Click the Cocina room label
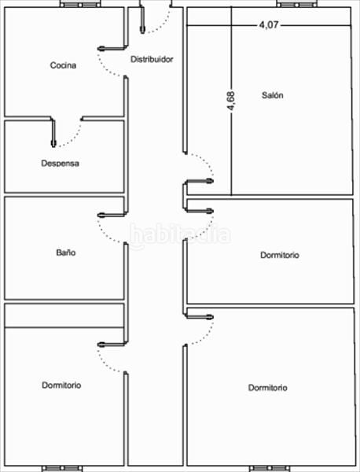point(63,65)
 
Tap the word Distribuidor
point(152,59)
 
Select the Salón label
point(272,95)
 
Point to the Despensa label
point(61,163)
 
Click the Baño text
point(66,253)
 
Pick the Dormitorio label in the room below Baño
point(61,385)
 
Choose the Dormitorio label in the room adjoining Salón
point(280,255)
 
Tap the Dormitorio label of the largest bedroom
point(268,387)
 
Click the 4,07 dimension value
point(269,24)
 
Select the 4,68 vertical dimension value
point(231,101)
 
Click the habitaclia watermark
point(180,234)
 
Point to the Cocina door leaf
point(112,48)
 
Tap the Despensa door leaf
point(53,132)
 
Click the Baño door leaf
point(112,215)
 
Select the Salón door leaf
point(199,181)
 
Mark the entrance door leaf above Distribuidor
point(142,20)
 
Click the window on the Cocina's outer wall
point(81,4)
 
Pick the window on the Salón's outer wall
point(297,4)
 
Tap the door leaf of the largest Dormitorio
point(199,317)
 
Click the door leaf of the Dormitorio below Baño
point(112,345)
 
